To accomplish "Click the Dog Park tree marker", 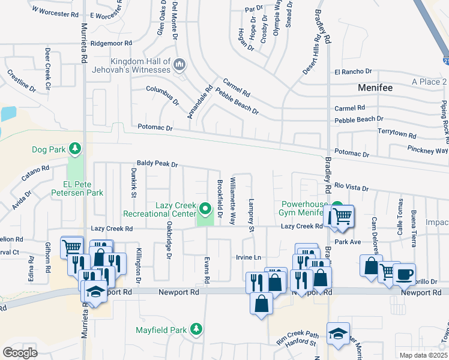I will (x=74, y=148).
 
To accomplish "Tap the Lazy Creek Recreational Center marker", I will (x=205, y=209).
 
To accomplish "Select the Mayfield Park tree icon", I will (x=195, y=329).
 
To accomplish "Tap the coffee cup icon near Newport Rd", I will (x=404, y=273).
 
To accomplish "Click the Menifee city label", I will (x=375, y=88).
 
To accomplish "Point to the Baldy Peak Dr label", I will (x=158, y=164).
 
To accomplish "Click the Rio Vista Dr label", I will (x=351, y=187).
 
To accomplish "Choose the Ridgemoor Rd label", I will (x=110, y=44).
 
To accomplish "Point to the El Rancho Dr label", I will (x=354, y=72).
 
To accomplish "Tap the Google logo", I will (x=20, y=352).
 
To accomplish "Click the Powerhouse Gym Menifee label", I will (x=303, y=208).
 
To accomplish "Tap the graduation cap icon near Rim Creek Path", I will (x=338, y=334).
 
